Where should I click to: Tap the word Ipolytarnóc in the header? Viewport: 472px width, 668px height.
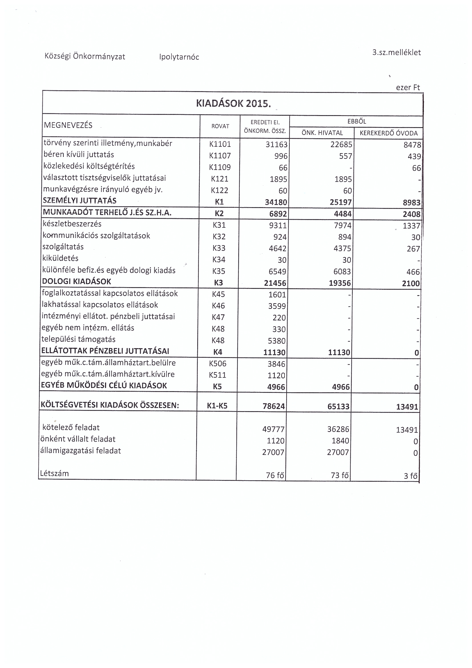coord(179,57)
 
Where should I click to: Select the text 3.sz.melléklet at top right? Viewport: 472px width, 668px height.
coord(396,53)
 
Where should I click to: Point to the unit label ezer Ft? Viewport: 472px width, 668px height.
coord(408,88)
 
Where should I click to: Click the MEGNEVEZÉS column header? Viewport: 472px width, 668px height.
coord(68,125)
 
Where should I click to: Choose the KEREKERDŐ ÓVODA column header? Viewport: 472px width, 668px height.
coord(389,133)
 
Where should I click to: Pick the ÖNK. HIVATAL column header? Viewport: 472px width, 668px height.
coord(322,133)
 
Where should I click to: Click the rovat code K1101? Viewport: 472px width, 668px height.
coord(220,144)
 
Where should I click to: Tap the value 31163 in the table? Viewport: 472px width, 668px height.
coord(277,145)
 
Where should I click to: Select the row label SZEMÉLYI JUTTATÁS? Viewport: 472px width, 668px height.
coord(80,201)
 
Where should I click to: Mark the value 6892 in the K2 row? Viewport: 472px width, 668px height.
coord(278,214)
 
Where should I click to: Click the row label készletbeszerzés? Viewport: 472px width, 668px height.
coord(72,224)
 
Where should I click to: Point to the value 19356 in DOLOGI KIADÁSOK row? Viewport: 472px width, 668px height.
coord(340,283)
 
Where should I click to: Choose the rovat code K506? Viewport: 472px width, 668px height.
coord(218,364)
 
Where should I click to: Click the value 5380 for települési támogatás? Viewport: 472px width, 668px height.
coord(277,341)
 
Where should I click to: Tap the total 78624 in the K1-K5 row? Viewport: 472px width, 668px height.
coord(273,406)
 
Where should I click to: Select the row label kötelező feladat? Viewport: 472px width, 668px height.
coord(71,427)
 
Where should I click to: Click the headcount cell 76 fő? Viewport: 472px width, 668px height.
coord(275,475)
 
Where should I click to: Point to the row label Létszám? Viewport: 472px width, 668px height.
coord(54,473)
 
